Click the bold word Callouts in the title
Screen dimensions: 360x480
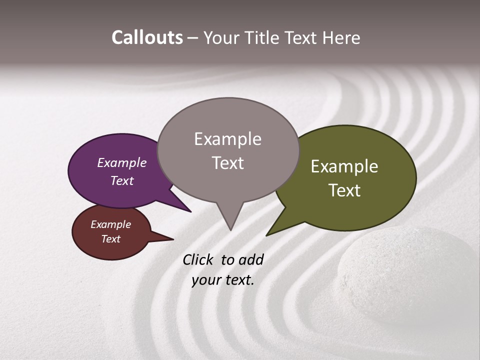click(147, 37)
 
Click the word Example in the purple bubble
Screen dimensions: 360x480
click(121, 162)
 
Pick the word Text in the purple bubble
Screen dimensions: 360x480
click(121, 180)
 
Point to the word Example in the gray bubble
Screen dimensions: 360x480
click(227, 139)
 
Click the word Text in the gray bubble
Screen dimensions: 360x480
click(227, 163)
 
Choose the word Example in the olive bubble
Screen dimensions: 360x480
click(344, 166)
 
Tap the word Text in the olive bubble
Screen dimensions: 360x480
click(344, 190)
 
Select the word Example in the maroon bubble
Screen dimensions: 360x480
click(110, 224)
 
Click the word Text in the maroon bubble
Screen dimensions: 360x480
click(110, 239)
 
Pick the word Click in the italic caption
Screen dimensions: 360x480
click(199, 259)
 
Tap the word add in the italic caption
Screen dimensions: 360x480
click(250, 259)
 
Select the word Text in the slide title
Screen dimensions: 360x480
click(300, 38)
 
